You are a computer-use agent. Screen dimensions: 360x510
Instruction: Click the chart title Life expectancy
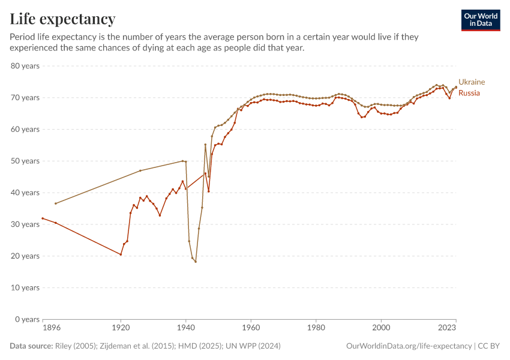62,19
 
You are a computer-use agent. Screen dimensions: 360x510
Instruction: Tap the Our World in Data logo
480,20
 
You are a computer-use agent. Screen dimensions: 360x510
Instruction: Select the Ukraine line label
472,82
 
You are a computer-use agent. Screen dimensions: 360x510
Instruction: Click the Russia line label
469,93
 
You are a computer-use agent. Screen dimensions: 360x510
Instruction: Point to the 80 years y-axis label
25,65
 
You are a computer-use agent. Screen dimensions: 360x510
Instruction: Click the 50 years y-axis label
25,161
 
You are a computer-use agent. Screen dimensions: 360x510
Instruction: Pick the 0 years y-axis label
28,319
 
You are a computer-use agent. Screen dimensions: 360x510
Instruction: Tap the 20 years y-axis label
25,256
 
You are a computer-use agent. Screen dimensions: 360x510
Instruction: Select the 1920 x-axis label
121,328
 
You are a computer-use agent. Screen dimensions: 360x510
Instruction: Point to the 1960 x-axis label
251,328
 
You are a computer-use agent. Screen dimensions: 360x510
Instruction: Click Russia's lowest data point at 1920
121,254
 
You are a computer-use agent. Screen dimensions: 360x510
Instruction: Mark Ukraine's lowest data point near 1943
196,262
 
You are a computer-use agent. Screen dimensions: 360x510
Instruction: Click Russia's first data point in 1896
43,218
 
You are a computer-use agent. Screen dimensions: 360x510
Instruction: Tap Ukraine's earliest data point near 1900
56,203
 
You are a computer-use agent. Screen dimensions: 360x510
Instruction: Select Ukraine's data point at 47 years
140,170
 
